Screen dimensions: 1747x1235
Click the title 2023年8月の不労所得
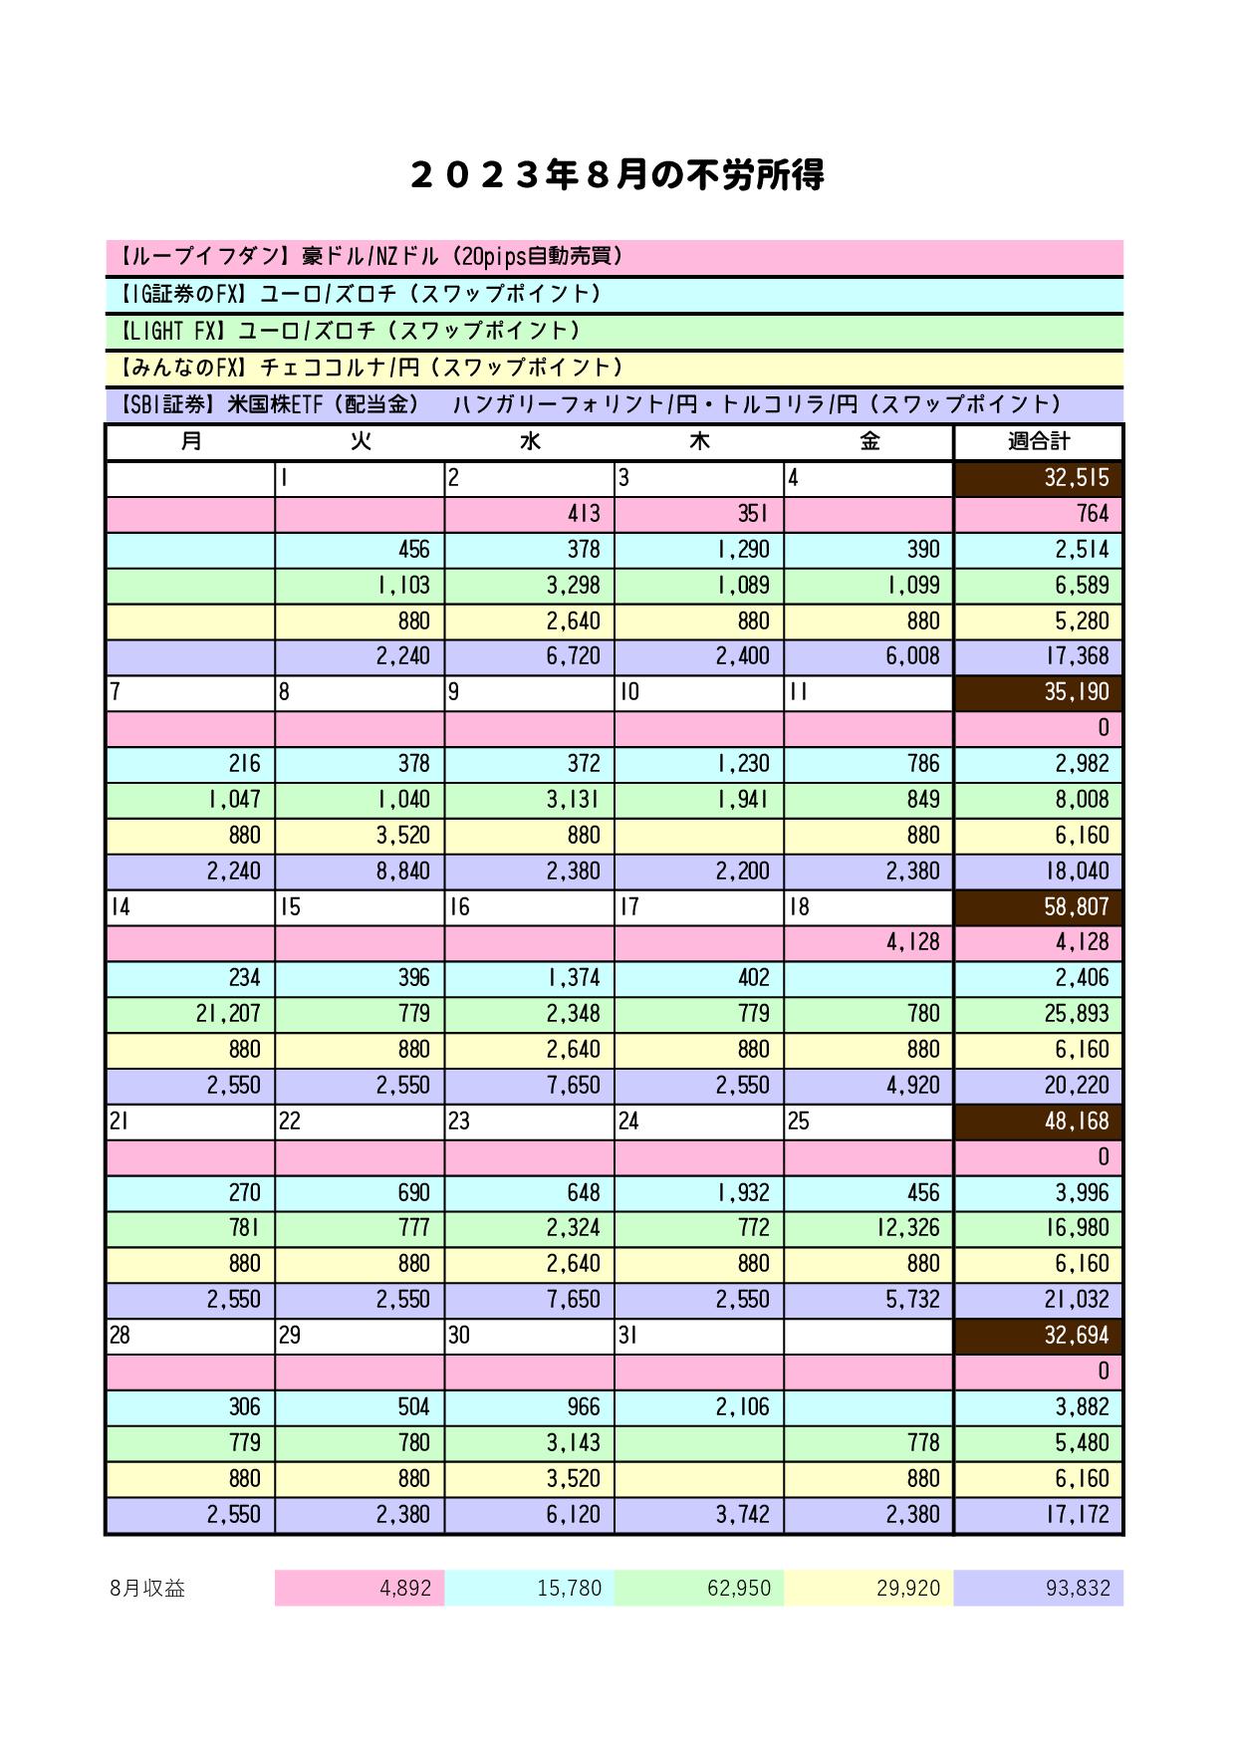coord(617,176)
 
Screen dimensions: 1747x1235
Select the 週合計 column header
coord(1039,441)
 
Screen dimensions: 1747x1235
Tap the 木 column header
coord(699,441)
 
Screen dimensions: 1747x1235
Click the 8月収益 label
coord(148,1589)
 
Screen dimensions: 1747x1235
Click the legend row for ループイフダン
coord(615,257)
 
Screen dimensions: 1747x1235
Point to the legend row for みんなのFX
coord(615,368)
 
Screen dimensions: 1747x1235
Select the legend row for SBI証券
coord(615,404)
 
